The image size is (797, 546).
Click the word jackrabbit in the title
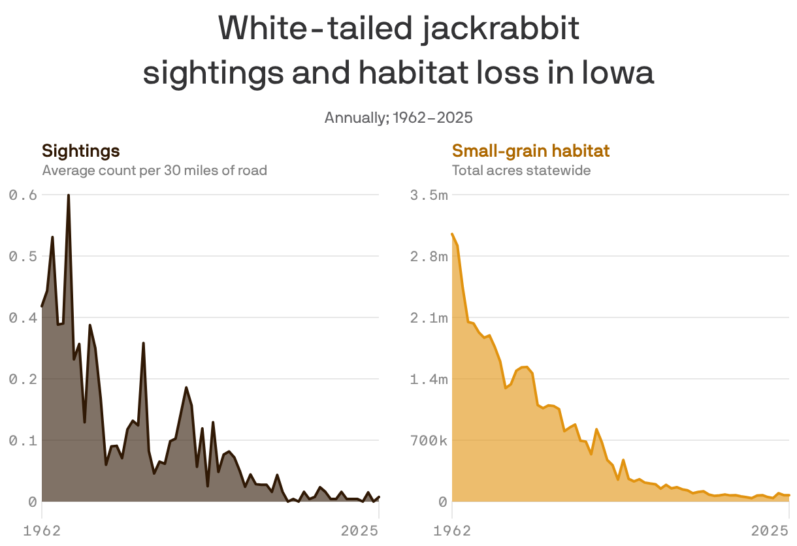pyautogui.click(x=500, y=29)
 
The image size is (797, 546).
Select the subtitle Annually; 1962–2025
pyautogui.click(x=398, y=118)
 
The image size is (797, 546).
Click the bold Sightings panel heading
pyautogui.click(x=80, y=152)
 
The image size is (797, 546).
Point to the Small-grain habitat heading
pyautogui.click(x=530, y=152)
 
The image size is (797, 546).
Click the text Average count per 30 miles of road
pyautogui.click(x=154, y=170)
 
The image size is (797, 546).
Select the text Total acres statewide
pyautogui.click(x=521, y=170)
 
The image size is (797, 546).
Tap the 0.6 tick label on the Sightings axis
pyautogui.click(x=22, y=195)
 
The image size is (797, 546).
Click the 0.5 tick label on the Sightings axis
pyautogui.click(x=22, y=256)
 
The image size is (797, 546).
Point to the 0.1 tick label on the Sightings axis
pyautogui.click(x=22, y=440)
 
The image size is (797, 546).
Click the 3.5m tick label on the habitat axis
pyautogui.click(x=429, y=195)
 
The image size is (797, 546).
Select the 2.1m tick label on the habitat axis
pyautogui.click(x=429, y=317)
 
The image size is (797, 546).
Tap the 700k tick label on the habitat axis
pyautogui.click(x=429, y=440)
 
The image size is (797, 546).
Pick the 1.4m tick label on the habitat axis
pyautogui.click(x=429, y=379)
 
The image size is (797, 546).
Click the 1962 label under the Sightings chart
pyautogui.click(x=42, y=531)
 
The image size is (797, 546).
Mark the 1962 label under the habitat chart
pyautogui.click(x=452, y=531)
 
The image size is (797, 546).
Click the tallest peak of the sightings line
pyautogui.click(x=68, y=195)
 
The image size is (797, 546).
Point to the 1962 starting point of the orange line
pyautogui.click(x=452, y=234)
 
